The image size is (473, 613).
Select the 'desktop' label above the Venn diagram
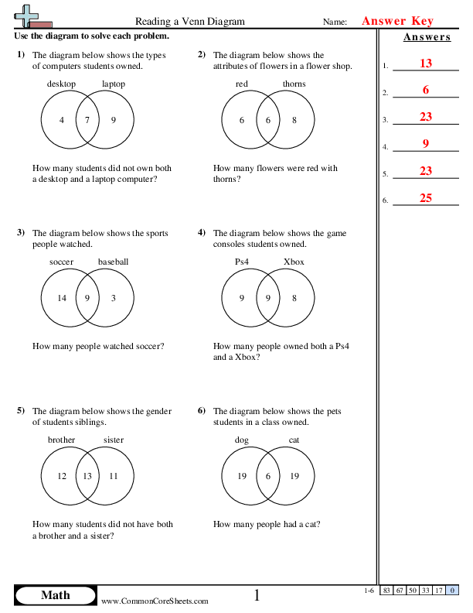62,84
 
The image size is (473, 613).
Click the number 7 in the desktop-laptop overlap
87,120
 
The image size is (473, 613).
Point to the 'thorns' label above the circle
294,84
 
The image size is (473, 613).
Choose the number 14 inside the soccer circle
62,298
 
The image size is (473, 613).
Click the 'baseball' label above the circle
113,262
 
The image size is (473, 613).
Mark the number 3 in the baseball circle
114,298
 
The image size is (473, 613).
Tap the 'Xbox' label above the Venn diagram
294,262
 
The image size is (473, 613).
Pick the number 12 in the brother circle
62,476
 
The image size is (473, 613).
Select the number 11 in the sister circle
114,476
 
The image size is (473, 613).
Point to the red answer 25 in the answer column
426,198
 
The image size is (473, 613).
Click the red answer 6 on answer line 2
426,91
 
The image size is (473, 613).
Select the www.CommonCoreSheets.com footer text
155,601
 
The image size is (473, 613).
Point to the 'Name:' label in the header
335,22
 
